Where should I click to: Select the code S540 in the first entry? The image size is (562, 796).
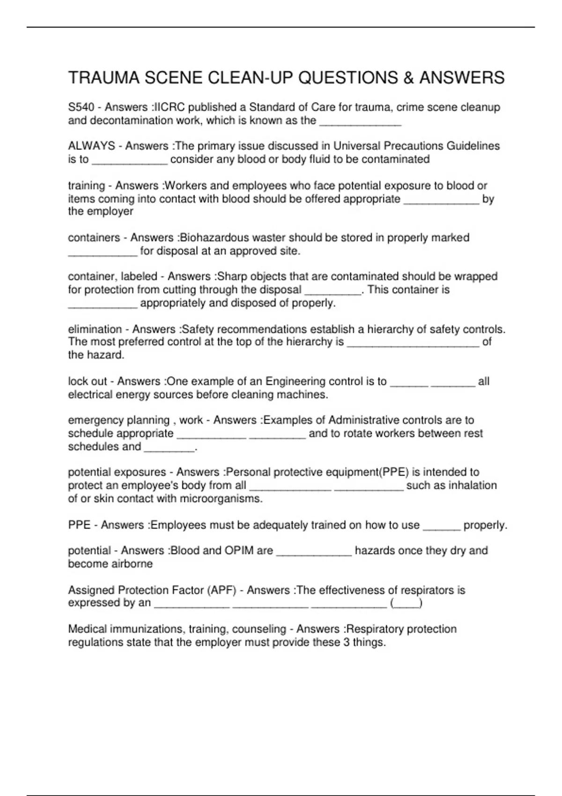coord(81,107)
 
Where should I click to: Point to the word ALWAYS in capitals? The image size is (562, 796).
coord(91,146)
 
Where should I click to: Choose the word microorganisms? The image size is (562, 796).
coord(221,499)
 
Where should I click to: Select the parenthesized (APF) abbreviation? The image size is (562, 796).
coord(222,590)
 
